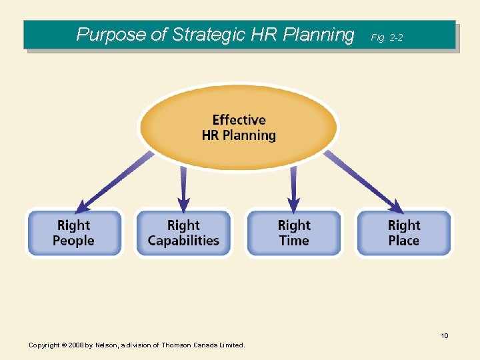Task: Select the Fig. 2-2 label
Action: coord(387,38)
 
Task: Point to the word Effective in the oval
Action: coord(239,120)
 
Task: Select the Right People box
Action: coord(74,233)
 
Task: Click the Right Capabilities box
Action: coord(183,233)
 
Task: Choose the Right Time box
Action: coord(294,233)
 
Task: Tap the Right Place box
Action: coord(404,233)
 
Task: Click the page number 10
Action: coord(444,335)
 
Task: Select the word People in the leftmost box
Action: coord(74,241)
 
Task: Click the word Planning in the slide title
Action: coord(321,35)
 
